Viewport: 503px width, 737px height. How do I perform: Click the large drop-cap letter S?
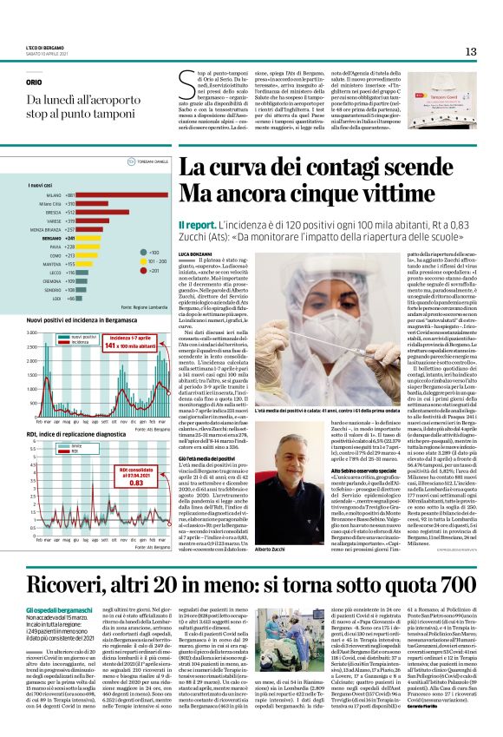coord(186,84)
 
